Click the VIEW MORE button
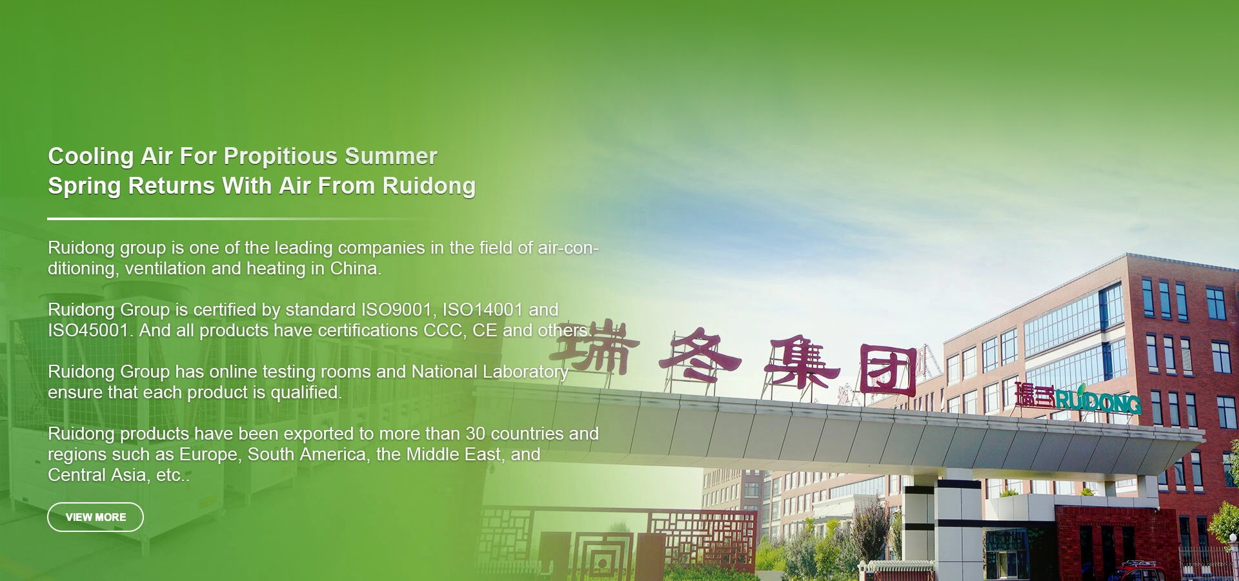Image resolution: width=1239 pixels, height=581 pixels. (96, 517)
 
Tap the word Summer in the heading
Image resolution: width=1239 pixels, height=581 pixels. (391, 156)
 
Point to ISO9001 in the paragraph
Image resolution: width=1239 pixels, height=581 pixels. (396, 310)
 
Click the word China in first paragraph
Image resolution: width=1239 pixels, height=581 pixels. (354, 269)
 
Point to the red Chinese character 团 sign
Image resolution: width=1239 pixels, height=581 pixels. (888, 370)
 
